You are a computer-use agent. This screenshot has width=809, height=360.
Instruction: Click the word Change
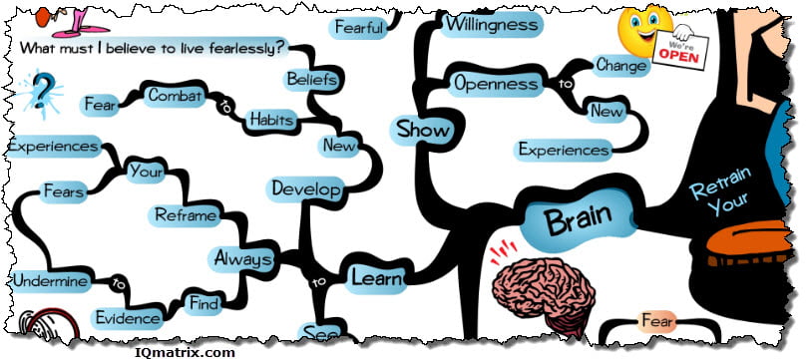621,66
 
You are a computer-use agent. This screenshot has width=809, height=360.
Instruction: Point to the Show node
423,130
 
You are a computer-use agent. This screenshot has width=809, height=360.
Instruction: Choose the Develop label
307,187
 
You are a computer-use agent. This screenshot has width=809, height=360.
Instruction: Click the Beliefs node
312,78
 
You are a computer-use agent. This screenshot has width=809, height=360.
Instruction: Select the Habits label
268,119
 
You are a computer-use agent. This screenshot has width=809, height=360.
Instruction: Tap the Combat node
176,96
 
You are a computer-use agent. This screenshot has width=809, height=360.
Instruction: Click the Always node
243,258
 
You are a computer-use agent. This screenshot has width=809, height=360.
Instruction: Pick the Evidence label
127,318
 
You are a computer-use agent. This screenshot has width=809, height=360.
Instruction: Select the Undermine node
49,282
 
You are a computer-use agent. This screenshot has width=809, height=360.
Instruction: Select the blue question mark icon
42,91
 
